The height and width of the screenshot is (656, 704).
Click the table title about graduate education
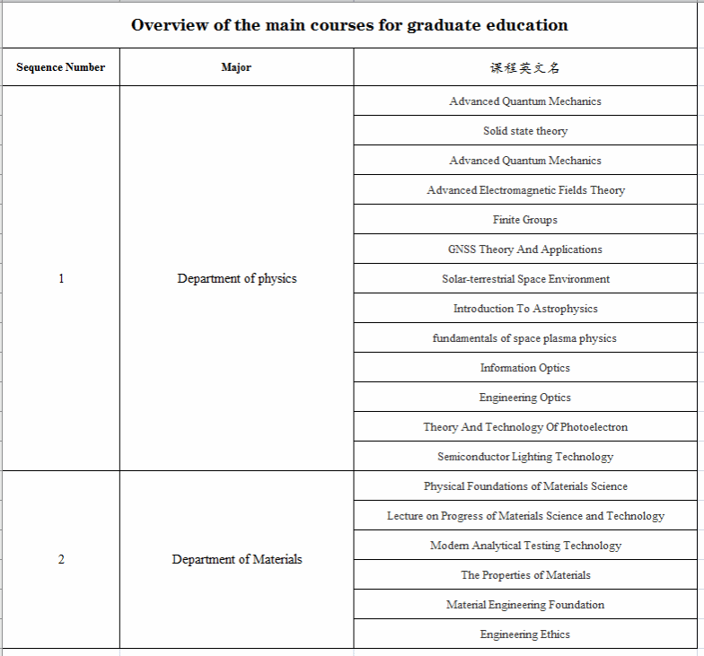[349, 25]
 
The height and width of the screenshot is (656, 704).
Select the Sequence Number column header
[60, 67]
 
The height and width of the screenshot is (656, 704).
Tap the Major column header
[236, 67]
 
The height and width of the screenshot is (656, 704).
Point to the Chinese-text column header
[525, 67]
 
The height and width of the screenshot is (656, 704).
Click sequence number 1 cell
[61, 278]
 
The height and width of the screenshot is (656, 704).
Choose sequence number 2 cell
[61, 559]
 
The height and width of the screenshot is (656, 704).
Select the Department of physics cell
[236, 278]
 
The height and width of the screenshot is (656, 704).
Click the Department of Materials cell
[236, 559]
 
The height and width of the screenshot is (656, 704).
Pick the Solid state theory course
[525, 131]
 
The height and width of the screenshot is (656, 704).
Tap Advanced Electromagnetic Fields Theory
[525, 190]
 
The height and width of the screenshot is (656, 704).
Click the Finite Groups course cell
[525, 220]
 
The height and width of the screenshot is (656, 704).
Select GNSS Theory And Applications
[525, 249]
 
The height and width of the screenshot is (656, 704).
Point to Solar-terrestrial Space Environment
[525, 279]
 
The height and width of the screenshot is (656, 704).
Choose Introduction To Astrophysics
[525, 309]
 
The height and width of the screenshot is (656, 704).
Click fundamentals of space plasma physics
[525, 338]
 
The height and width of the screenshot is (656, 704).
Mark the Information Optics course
[525, 368]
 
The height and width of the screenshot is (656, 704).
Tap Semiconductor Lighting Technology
[525, 457]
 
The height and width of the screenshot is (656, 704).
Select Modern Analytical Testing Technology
[525, 546]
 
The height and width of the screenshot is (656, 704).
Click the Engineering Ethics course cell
[525, 634]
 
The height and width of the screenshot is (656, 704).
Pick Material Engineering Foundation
[525, 605]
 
